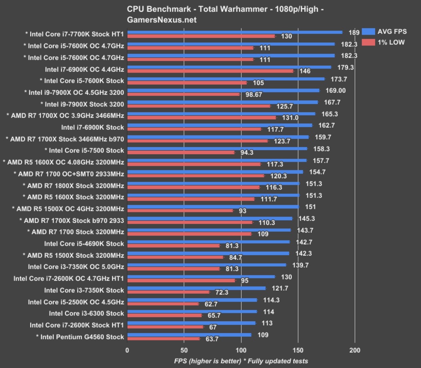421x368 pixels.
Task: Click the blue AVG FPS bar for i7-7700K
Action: click(x=235, y=32)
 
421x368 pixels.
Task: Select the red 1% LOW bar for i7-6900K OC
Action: click(x=210, y=71)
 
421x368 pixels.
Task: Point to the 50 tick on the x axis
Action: click(x=184, y=350)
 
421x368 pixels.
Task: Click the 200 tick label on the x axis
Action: click(x=355, y=350)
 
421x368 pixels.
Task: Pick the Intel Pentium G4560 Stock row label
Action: click(x=80, y=337)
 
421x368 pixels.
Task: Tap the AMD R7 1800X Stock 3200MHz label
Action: click(x=73, y=185)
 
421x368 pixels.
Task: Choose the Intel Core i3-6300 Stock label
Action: click(x=86, y=313)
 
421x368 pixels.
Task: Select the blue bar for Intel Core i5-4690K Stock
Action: click(x=208, y=242)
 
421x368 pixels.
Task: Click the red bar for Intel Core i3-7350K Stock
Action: click(x=168, y=292)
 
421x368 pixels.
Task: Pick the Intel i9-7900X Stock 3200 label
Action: click(x=82, y=104)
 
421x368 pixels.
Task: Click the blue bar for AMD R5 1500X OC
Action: click(x=213, y=207)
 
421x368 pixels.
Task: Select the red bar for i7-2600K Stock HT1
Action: click(x=165, y=327)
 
